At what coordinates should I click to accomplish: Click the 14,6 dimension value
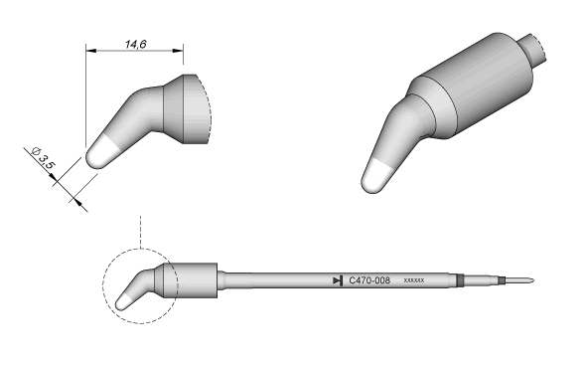(x=135, y=44)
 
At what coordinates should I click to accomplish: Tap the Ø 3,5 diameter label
(x=44, y=158)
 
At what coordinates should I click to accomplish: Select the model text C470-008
(x=369, y=280)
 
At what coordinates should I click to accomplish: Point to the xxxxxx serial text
(x=414, y=280)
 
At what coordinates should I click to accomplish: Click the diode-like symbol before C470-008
(x=338, y=280)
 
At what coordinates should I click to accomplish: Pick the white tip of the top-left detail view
(x=101, y=153)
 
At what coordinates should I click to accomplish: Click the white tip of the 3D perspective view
(x=376, y=177)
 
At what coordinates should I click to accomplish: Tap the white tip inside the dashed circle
(x=123, y=302)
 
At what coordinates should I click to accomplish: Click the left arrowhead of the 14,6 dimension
(x=91, y=50)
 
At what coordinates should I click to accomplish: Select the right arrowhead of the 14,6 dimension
(x=178, y=50)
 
